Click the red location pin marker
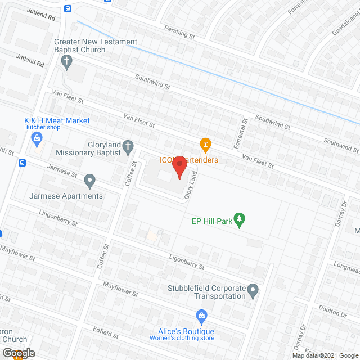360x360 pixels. tap(179, 166)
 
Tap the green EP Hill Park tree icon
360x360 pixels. tap(240, 220)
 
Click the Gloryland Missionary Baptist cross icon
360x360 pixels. tap(128, 148)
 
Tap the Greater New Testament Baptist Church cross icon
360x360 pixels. tap(67, 61)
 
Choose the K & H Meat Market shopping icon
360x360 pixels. tap(37, 138)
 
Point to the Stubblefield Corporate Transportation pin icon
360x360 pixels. tap(253, 291)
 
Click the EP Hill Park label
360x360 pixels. tap(213, 221)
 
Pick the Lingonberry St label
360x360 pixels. tap(58, 218)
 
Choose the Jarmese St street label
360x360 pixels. tap(62, 171)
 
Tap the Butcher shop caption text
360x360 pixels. tap(42, 128)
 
